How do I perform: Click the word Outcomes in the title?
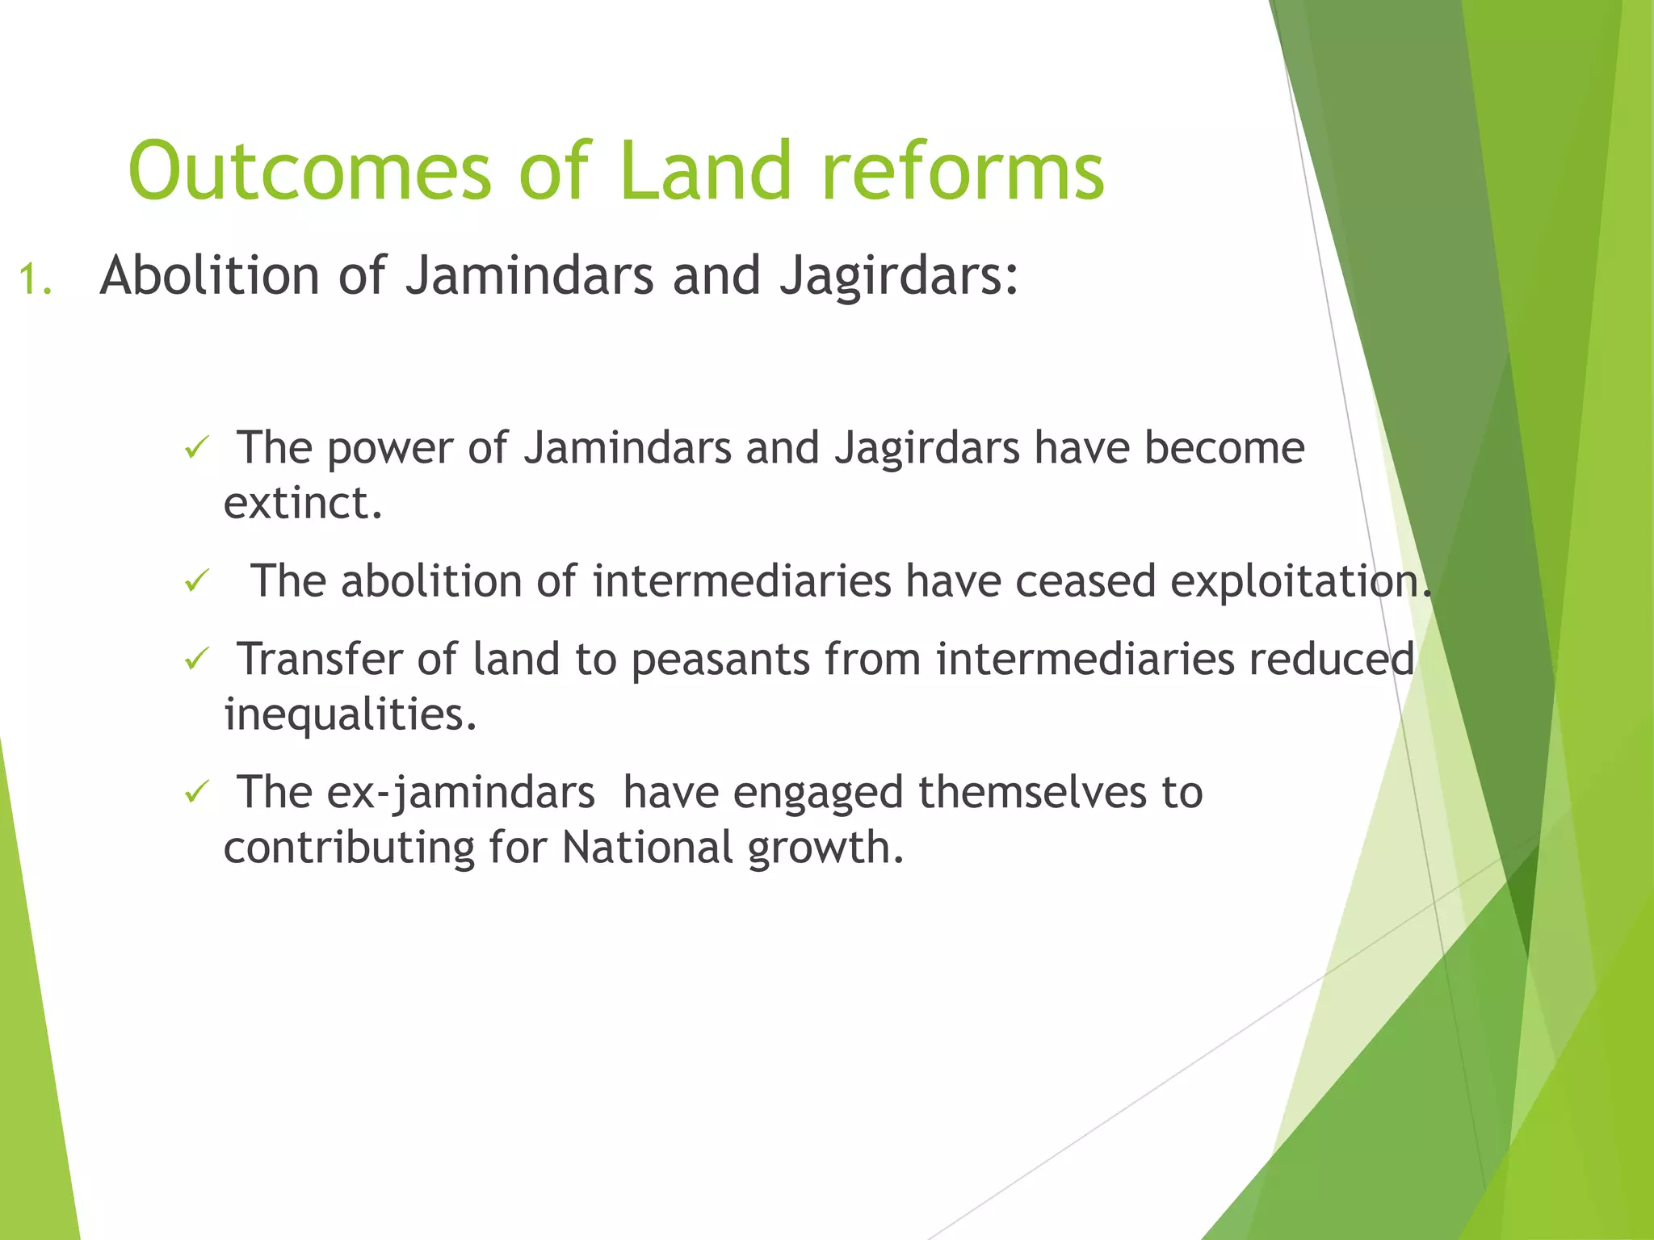pyautogui.click(x=309, y=172)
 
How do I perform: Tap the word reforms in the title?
pyautogui.click(x=963, y=172)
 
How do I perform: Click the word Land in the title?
pyautogui.click(x=706, y=172)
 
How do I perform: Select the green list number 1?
pyautogui.click(x=35, y=281)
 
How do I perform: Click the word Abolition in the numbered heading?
pyautogui.click(x=209, y=276)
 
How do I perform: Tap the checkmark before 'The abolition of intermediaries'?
pyautogui.click(x=197, y=580)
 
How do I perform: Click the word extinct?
pyautogui.click(x=302, y=504)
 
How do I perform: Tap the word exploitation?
pyautogui.click(x=1299, y=582)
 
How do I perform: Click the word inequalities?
pyautogui.click(x=350, y=715)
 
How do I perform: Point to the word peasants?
pyautogui.click(x=720, y=660)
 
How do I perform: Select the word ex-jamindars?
pyautogui.click(x=460, y=793)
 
